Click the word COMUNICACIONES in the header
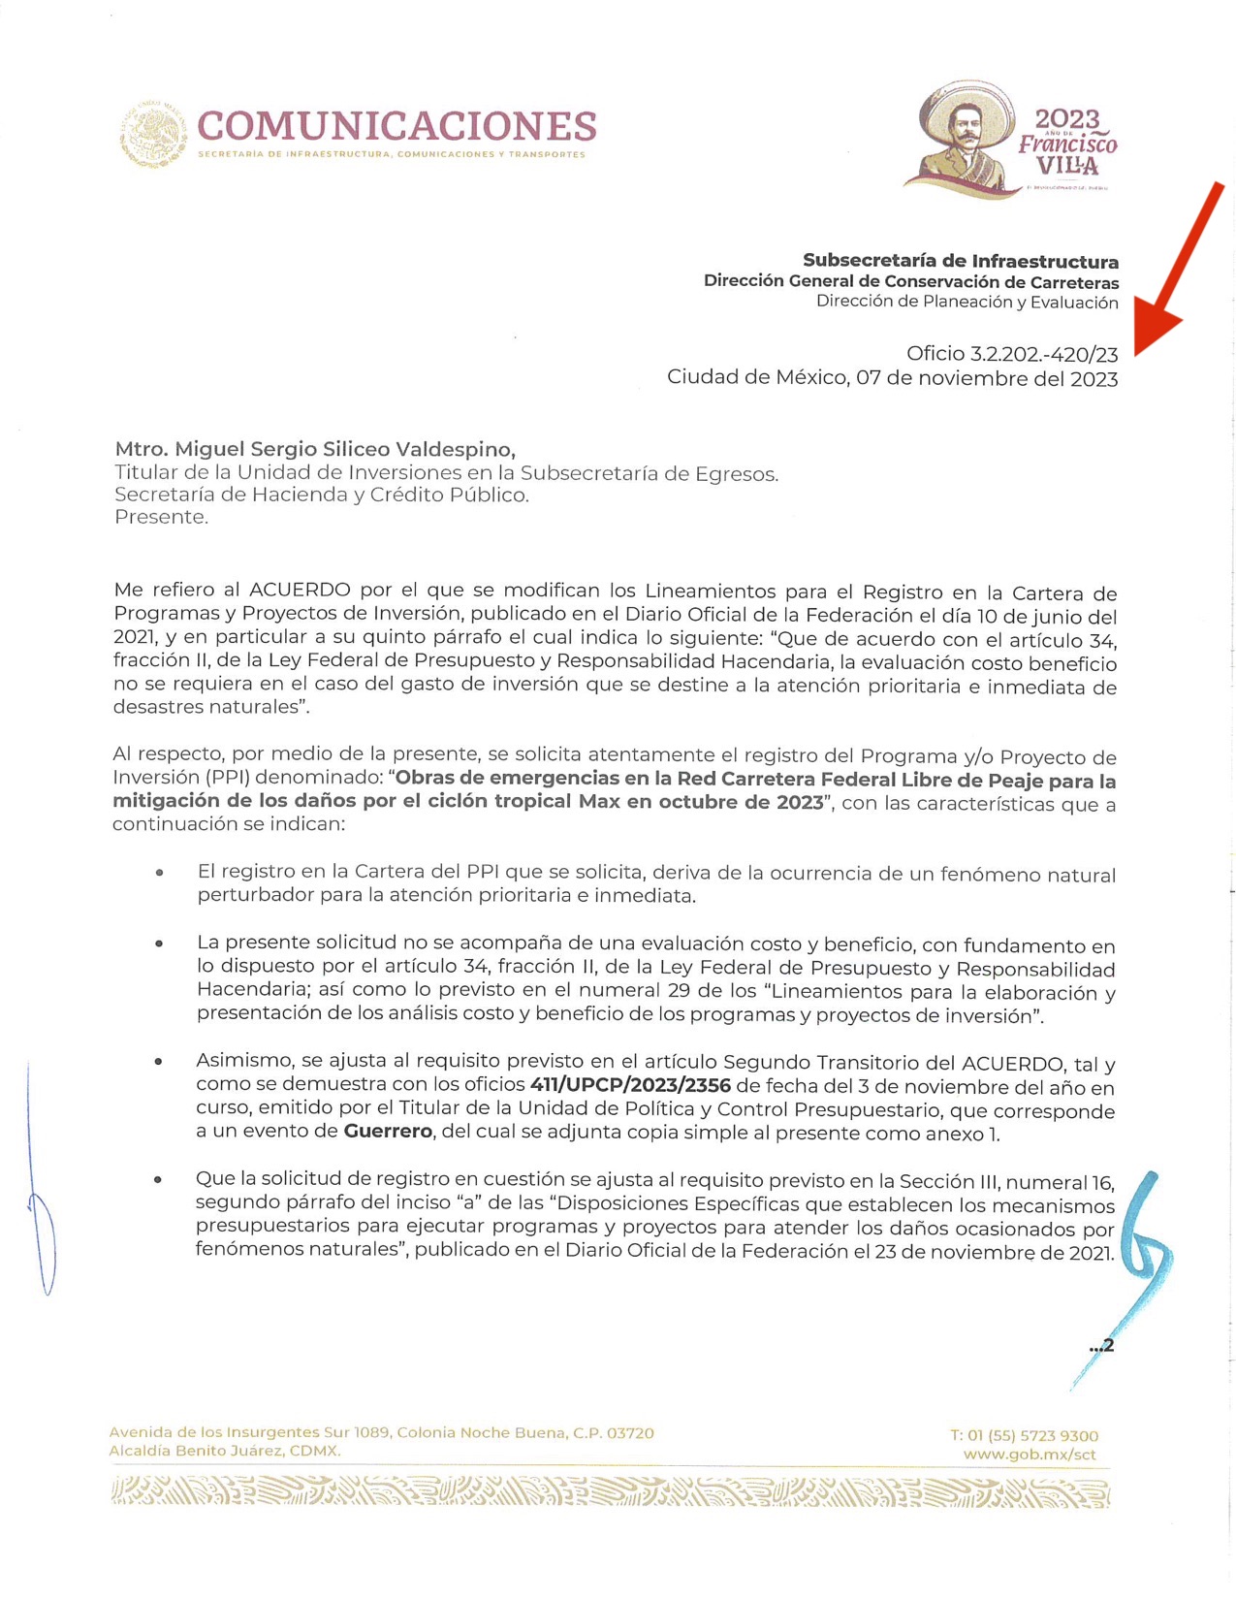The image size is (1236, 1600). [396, 126]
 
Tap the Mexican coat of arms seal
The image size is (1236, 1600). [153, 135]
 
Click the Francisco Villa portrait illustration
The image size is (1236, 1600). [960, 136]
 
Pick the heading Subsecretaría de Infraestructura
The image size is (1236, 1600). [960, 261]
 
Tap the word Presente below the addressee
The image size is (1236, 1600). [160, 517]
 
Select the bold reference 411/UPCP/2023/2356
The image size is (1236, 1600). [630, 1085]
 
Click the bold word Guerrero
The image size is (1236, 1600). [388, 1132]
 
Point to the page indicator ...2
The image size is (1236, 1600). [1101, 1346]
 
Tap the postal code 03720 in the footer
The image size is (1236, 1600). [630, 1432]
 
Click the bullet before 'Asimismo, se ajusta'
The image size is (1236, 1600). [159, 1062]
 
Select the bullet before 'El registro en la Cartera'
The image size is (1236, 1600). [159, 873]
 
